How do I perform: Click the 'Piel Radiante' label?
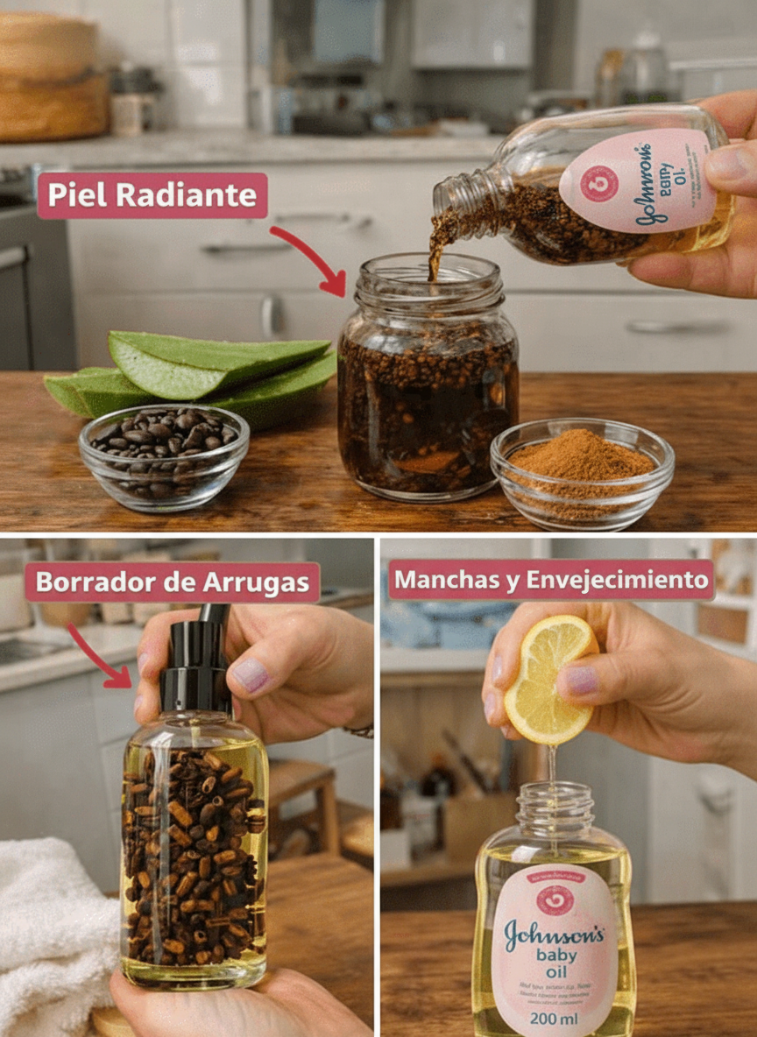click(152, 195)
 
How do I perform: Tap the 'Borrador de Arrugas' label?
click(172, 582)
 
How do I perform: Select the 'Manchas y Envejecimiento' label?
click(551, 580)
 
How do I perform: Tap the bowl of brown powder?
click(582, 470)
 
